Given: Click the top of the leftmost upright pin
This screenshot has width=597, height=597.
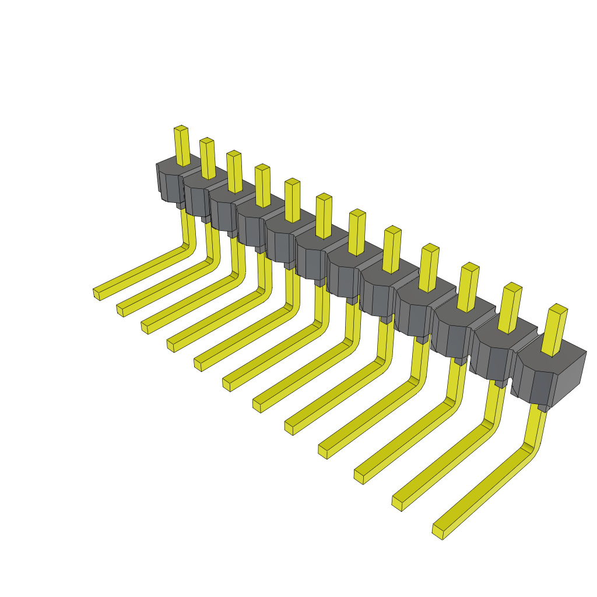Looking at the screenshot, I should (x=181, y=128).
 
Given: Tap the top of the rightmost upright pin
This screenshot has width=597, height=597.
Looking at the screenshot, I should (x=559, y=309).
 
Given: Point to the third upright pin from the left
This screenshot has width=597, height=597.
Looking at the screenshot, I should (x=235, y=172).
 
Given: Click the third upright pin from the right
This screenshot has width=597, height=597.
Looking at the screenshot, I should (x=468, y=288).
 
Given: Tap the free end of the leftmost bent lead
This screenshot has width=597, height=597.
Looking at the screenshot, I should (x=97, y=294).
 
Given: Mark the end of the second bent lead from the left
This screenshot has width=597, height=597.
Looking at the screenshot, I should (x=120, y=310).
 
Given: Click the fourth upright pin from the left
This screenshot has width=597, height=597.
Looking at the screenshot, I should (x=263, y=186).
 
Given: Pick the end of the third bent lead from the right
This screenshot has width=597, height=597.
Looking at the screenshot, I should (x=359, y=476).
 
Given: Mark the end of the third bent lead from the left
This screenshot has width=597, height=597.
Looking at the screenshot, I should (x=145, y=327).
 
